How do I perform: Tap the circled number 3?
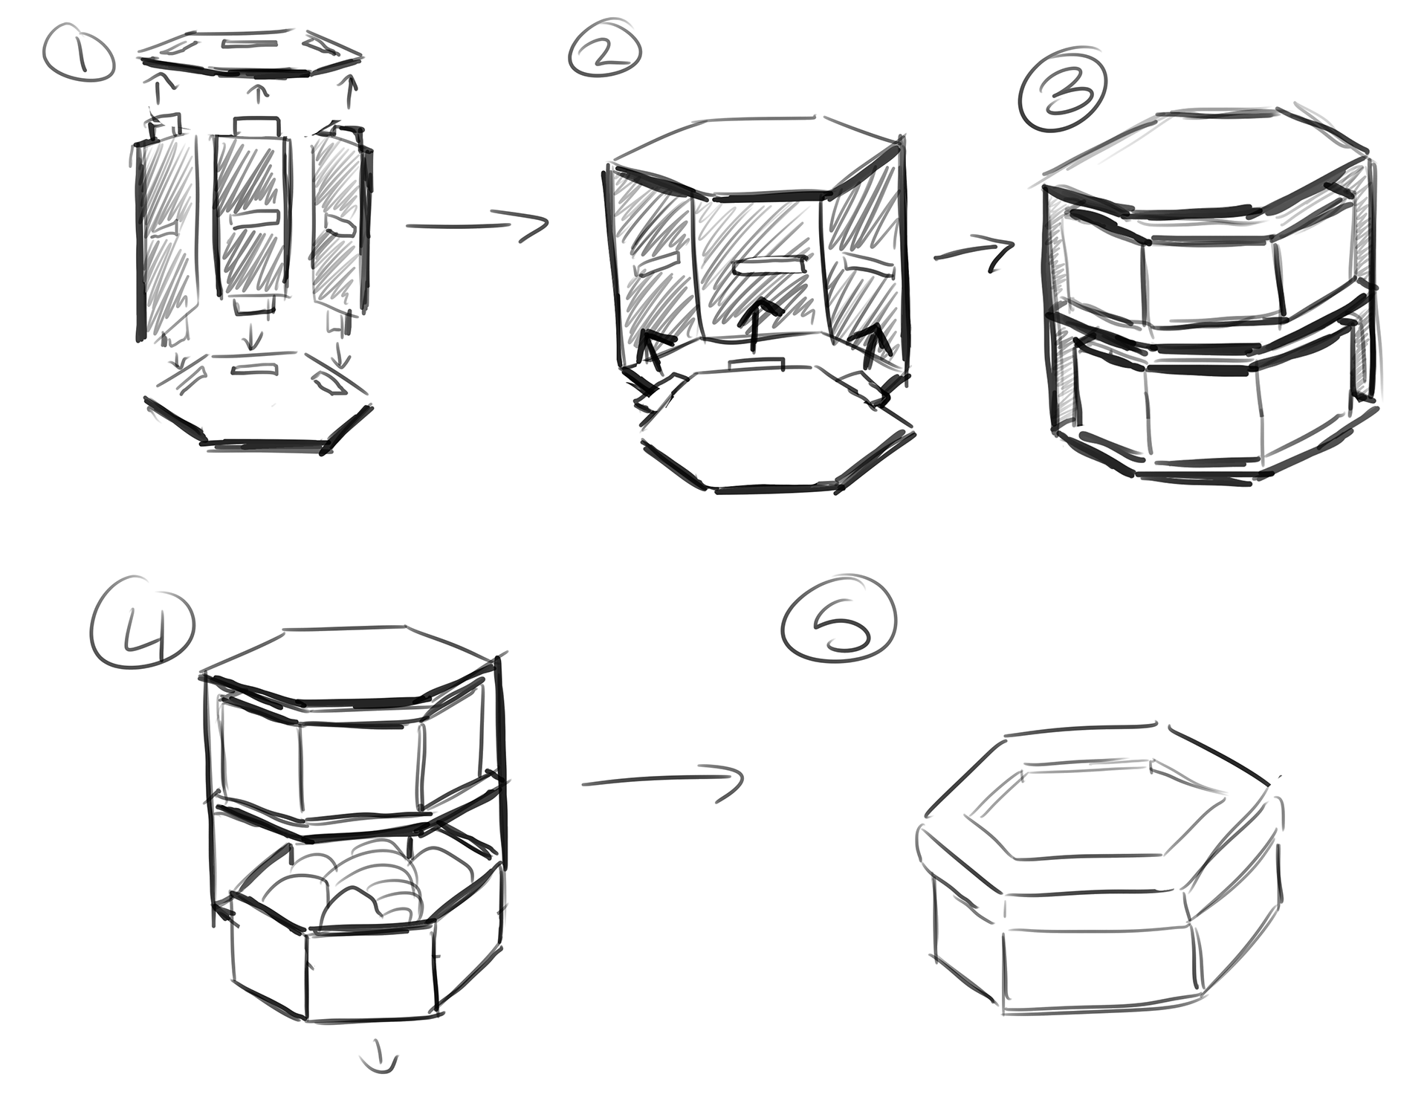click(1064, 97)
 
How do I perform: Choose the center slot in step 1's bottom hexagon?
click(254, 369)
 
